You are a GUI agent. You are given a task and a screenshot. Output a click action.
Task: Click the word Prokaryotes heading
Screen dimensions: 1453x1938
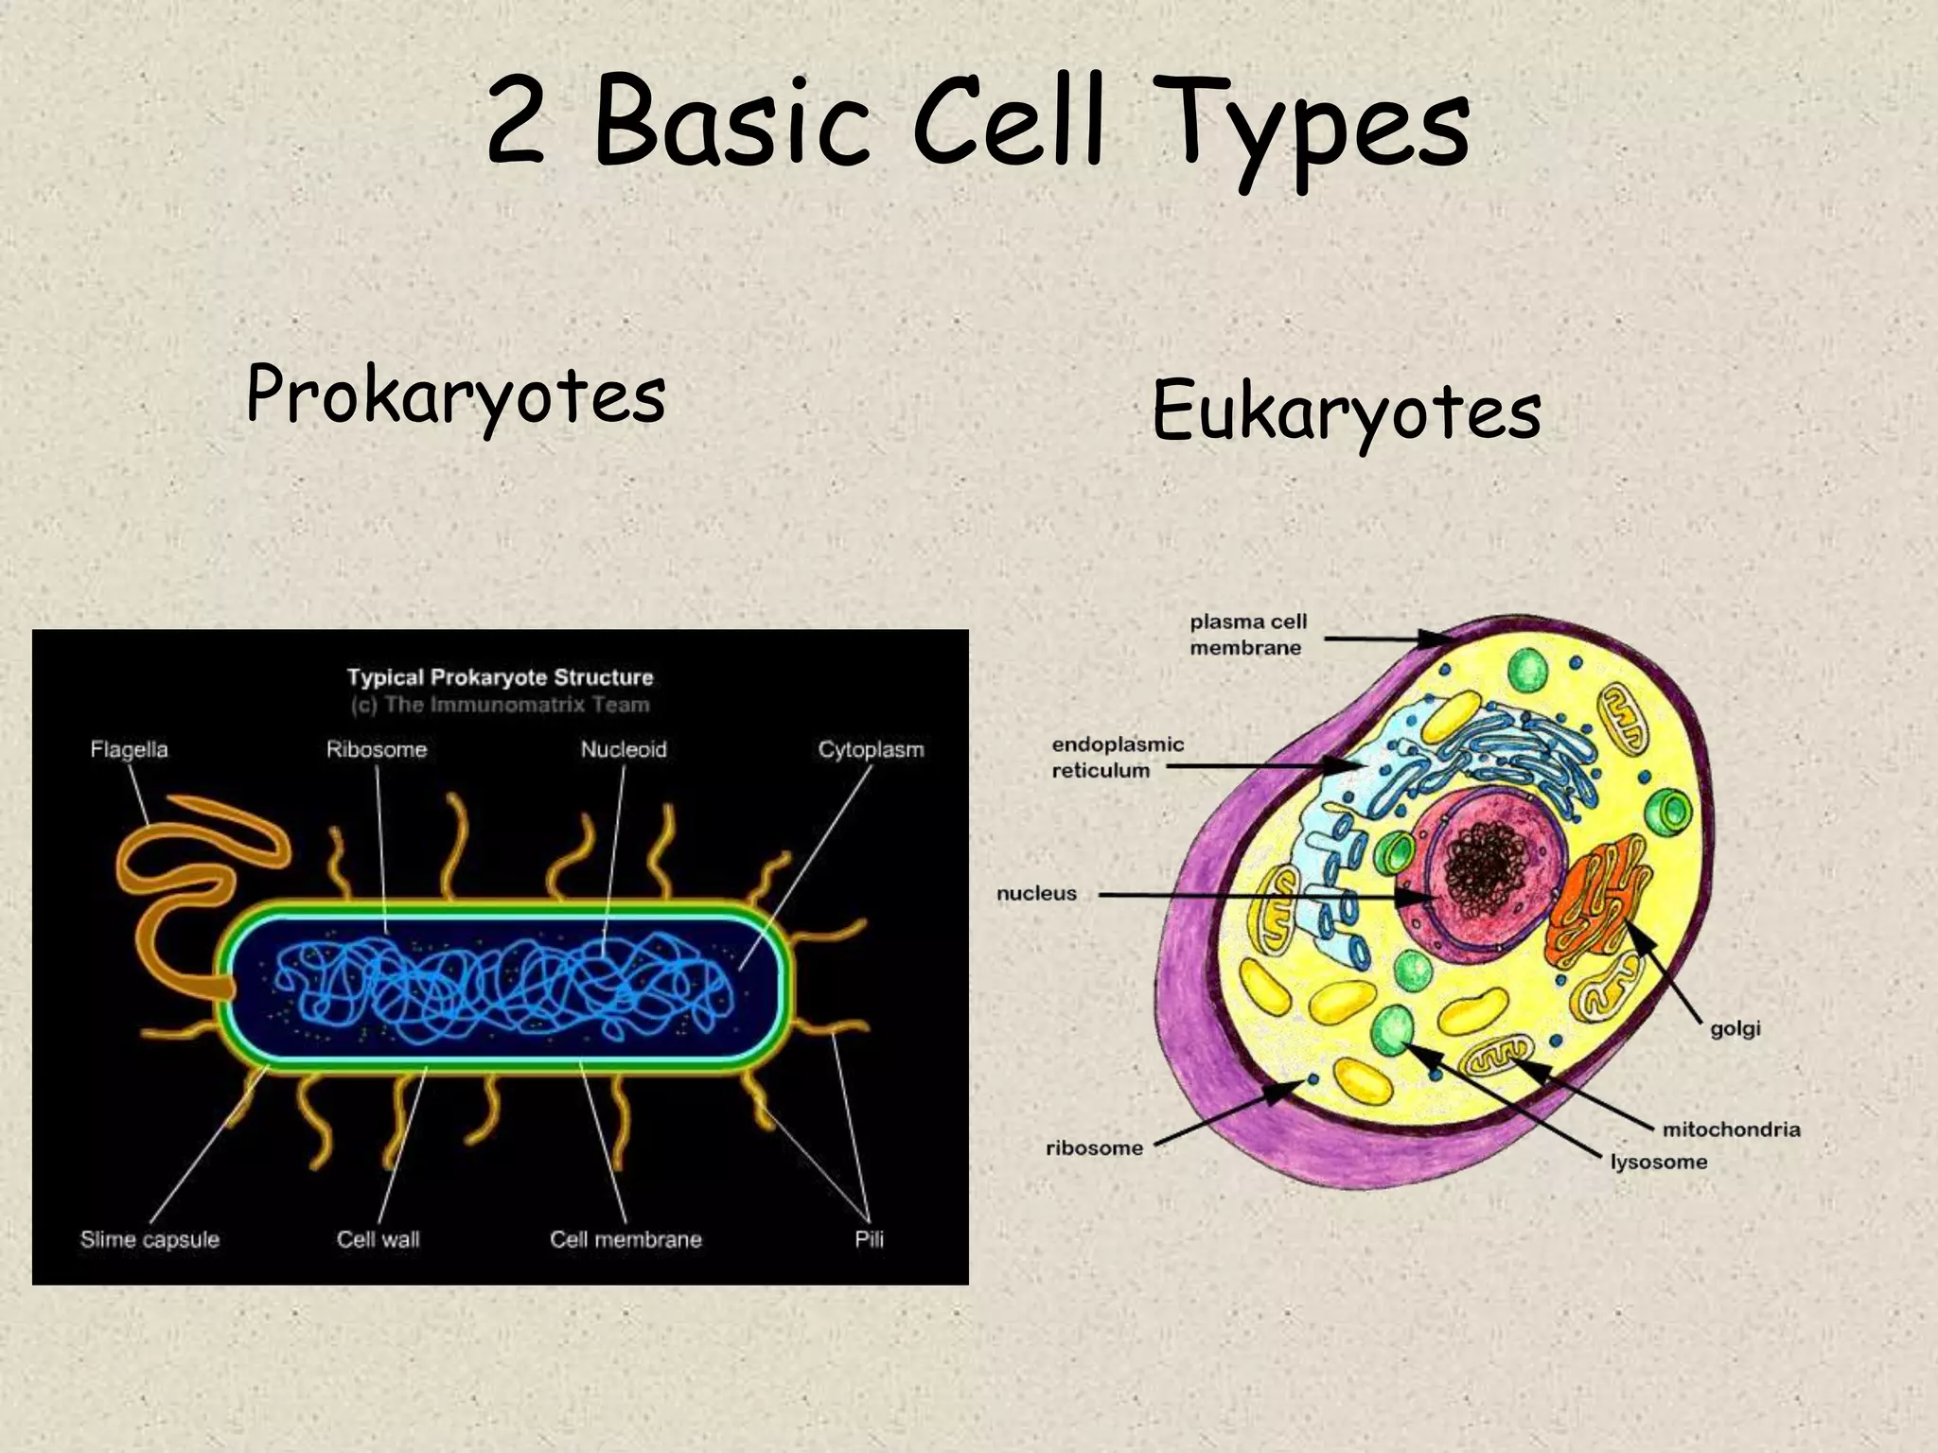pyautogui.click(x=455, y=395)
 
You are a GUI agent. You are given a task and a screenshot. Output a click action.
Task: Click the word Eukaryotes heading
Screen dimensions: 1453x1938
pyautogui.click(x=1346, y=413)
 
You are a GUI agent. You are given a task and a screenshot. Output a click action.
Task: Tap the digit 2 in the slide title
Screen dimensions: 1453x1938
pyautogui.click(x=518, y=121)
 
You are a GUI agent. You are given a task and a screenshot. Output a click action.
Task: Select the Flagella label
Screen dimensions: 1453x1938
pyautogui.click(x=129, y=749)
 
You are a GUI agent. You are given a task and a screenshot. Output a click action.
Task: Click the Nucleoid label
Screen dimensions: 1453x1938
pyautogui.click(x=624, y=749)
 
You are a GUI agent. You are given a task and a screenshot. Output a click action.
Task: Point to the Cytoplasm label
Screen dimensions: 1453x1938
pyautogui.click(x=871, y=749)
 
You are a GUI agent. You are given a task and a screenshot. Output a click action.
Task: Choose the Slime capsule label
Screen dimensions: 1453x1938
pyautogui.click(x=150, y=1239)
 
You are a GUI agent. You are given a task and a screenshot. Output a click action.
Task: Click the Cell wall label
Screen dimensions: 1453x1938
pyautogui.click(x=378, y=1239)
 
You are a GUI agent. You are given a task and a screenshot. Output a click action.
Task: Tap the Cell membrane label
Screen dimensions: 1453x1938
pyautogui.click(x=625, y=1239)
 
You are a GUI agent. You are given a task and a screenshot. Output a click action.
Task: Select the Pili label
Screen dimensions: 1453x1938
pyautogui.click(x=869, y=1239)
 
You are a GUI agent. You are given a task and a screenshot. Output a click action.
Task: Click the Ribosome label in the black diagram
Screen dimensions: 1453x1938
pyautogui.click(x=377, y=749)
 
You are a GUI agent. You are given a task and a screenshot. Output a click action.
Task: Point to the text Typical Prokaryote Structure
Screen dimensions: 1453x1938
pyautogui.click(x=500, y=677)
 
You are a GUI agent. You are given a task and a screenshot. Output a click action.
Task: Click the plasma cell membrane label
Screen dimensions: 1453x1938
pyautogui.click(x=1247, y=635)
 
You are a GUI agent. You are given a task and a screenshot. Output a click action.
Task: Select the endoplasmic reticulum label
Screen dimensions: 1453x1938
pyautogui.click(x=1117, y=757)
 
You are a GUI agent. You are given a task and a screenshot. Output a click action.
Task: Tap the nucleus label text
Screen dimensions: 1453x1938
pyautogui.click(x=1036, y=893)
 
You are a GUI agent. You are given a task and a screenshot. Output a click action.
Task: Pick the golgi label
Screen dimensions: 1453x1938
pyautogui.click(x=1735, y=1028)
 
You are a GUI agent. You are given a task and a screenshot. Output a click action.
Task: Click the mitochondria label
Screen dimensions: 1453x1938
pyautogui.click(x=1731, y=1129)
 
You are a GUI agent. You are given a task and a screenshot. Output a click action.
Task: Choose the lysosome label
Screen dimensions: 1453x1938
pyautogui.click(x=1658, y=1162)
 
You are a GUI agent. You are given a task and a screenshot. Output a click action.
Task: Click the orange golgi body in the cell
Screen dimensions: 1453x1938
pyautogui.click(x=1594, y=899)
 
